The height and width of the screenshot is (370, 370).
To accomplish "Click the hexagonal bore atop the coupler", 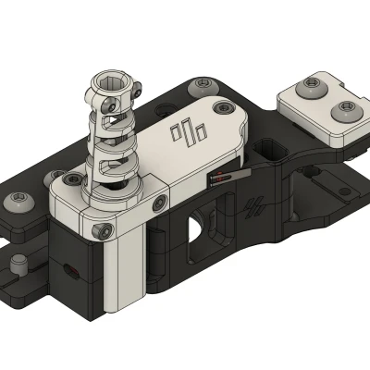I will [x=110, y=86].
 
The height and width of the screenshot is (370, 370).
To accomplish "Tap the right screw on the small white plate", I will [x=346, y=112].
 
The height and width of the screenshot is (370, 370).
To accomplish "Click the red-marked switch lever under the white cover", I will [x=228, y=178].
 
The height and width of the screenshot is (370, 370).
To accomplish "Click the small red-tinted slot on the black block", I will [x=69, y=272].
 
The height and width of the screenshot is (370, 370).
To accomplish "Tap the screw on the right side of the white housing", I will [x=162, y=201].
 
